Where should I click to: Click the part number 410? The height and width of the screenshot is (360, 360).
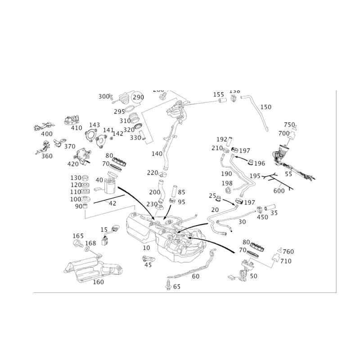[77, 128]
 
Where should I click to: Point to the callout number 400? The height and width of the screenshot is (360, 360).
[45, 134]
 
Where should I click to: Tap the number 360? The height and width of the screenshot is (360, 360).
[47, 156]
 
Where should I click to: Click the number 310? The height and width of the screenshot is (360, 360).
[124, 121]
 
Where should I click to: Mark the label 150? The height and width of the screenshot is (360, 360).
[266, 107]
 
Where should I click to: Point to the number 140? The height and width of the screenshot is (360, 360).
[156, 154]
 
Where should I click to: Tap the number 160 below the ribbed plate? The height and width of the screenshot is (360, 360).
[98, 282]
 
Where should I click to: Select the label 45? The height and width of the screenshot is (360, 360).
[147, 265]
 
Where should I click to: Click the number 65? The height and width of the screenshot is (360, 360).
[176, 287]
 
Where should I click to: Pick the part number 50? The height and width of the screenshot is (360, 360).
[243, 221]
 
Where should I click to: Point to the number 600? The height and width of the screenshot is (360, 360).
[279, 190]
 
